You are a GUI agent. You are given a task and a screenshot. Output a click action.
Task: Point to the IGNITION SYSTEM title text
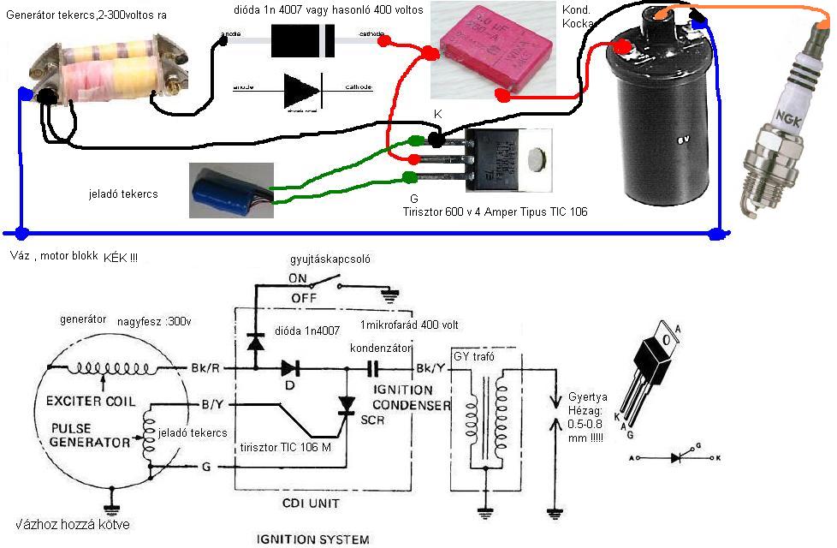[313, 539]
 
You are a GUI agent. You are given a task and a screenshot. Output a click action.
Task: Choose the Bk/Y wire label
[430, 368]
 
